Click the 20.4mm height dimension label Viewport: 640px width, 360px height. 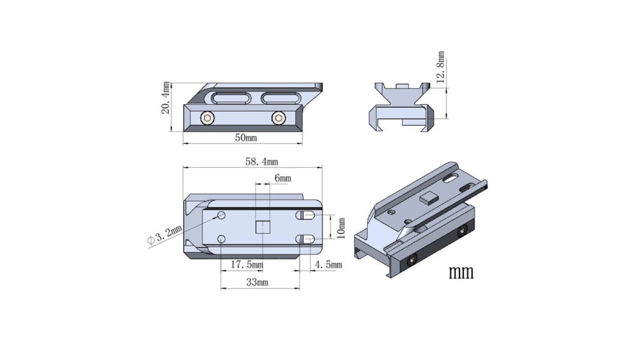click(166, 98)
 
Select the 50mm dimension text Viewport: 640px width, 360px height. click(245, 138)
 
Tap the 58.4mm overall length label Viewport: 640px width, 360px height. click(261, 161)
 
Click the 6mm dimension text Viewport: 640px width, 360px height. click(283, 178)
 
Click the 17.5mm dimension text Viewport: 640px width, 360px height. click(247, 264)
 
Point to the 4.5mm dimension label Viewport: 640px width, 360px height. click(328, 264)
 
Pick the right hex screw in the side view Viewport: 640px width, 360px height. click(278, 118)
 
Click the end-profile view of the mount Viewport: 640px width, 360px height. click(402, 106)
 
